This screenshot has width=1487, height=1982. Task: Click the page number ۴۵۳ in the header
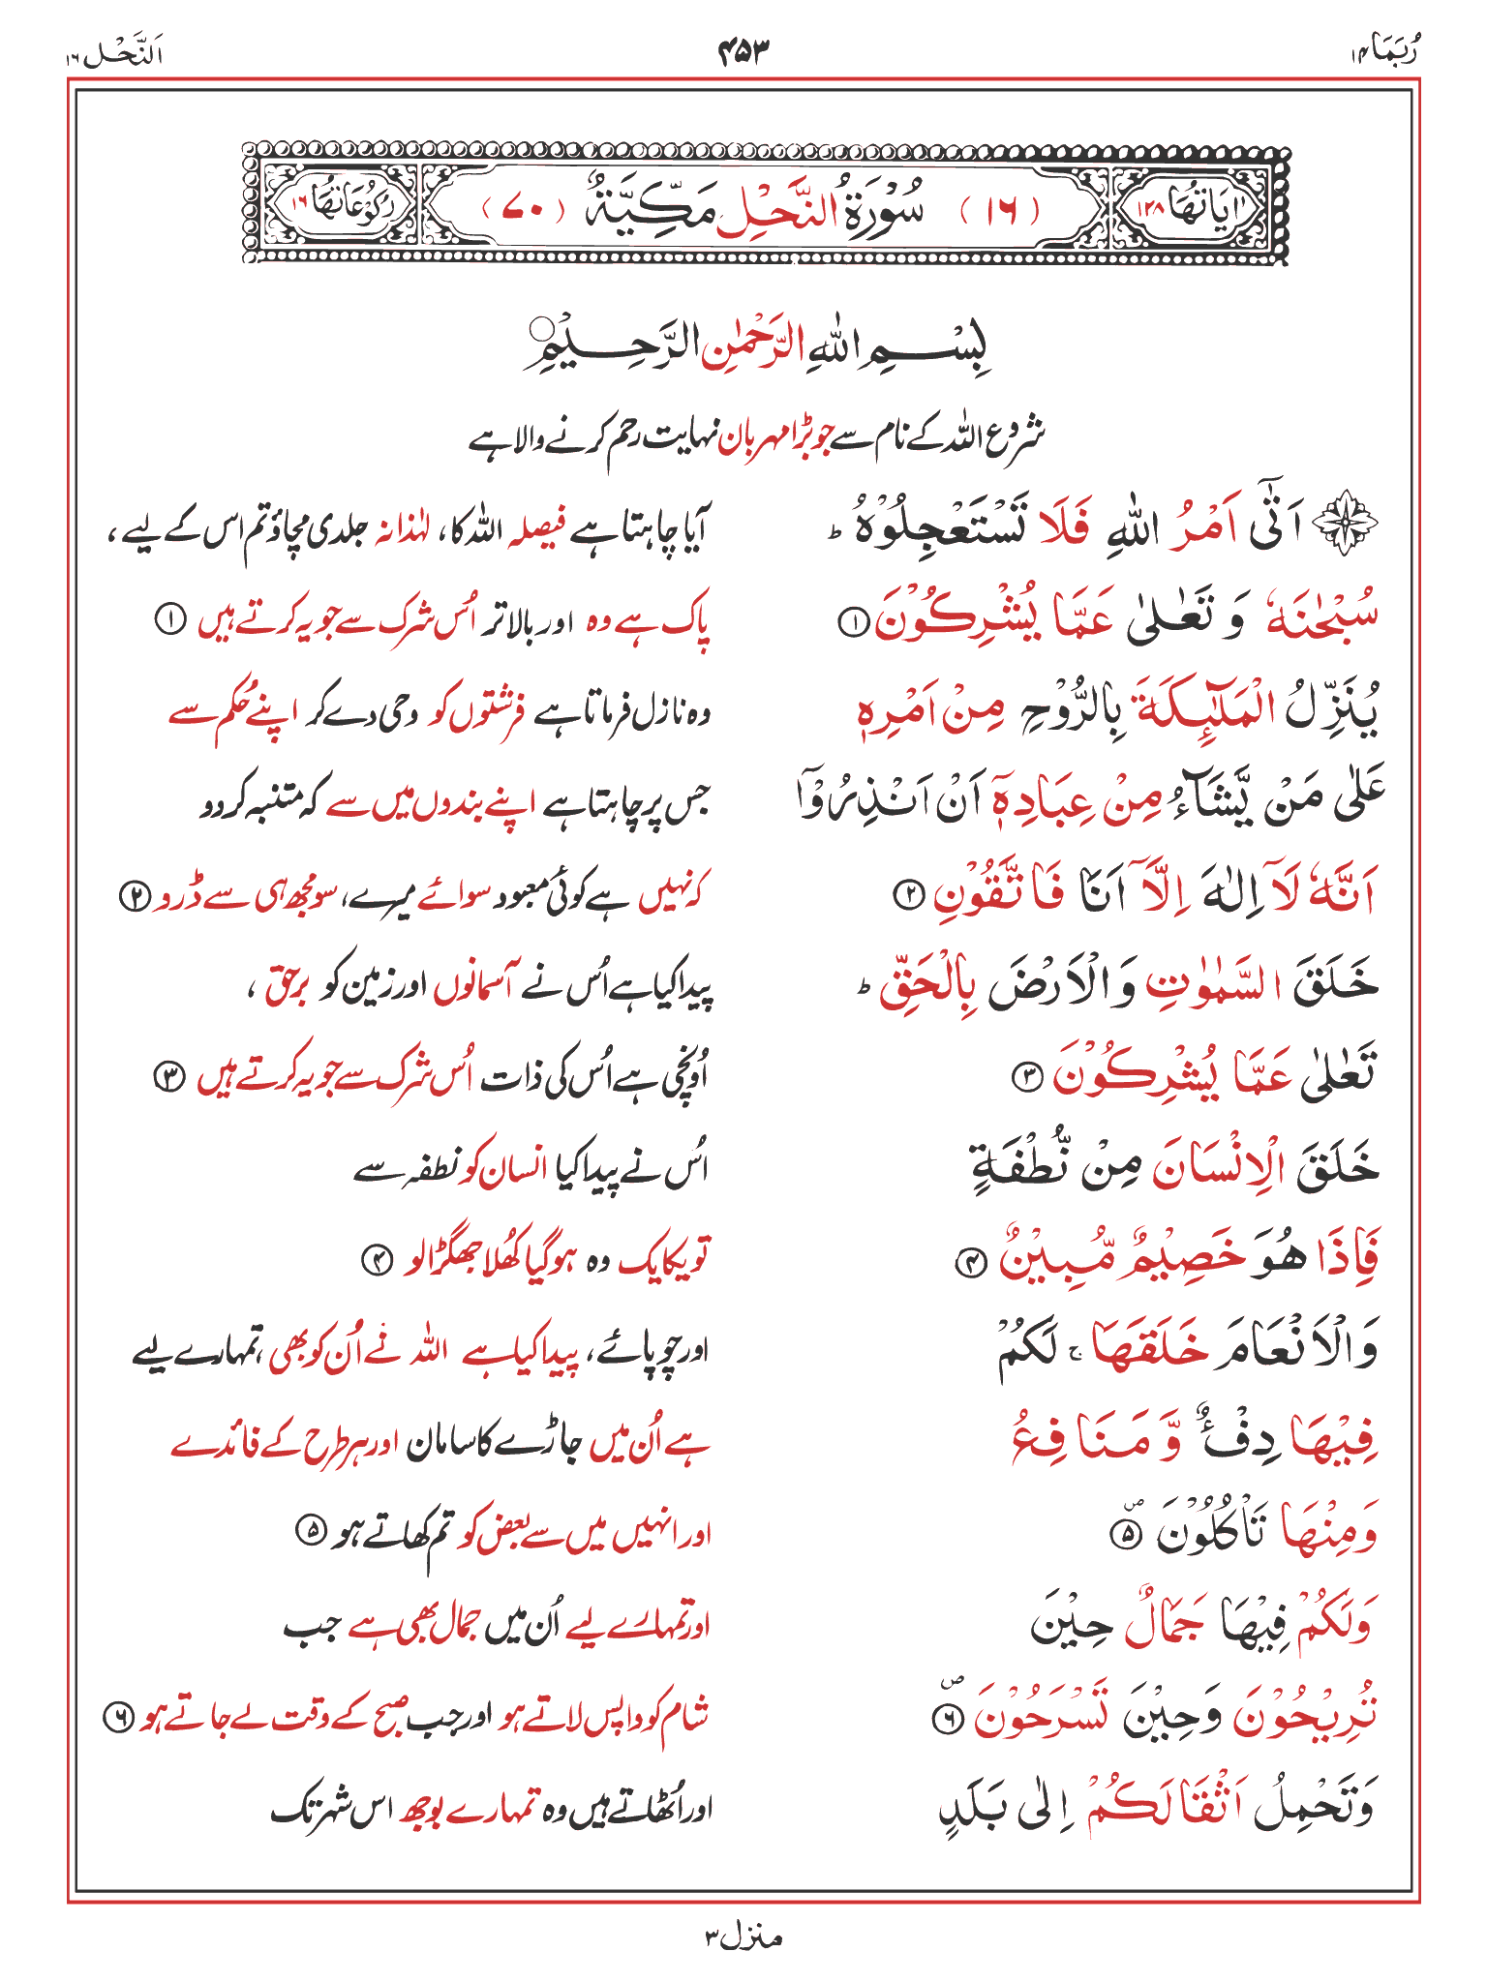(743, 51)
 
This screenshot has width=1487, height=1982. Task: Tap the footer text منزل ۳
(743, 1937)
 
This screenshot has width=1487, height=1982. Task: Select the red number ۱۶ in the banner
(1001, 209)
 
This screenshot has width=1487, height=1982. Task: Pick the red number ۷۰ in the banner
(522, 209)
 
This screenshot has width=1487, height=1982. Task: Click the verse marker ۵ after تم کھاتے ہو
(310, 1531)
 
